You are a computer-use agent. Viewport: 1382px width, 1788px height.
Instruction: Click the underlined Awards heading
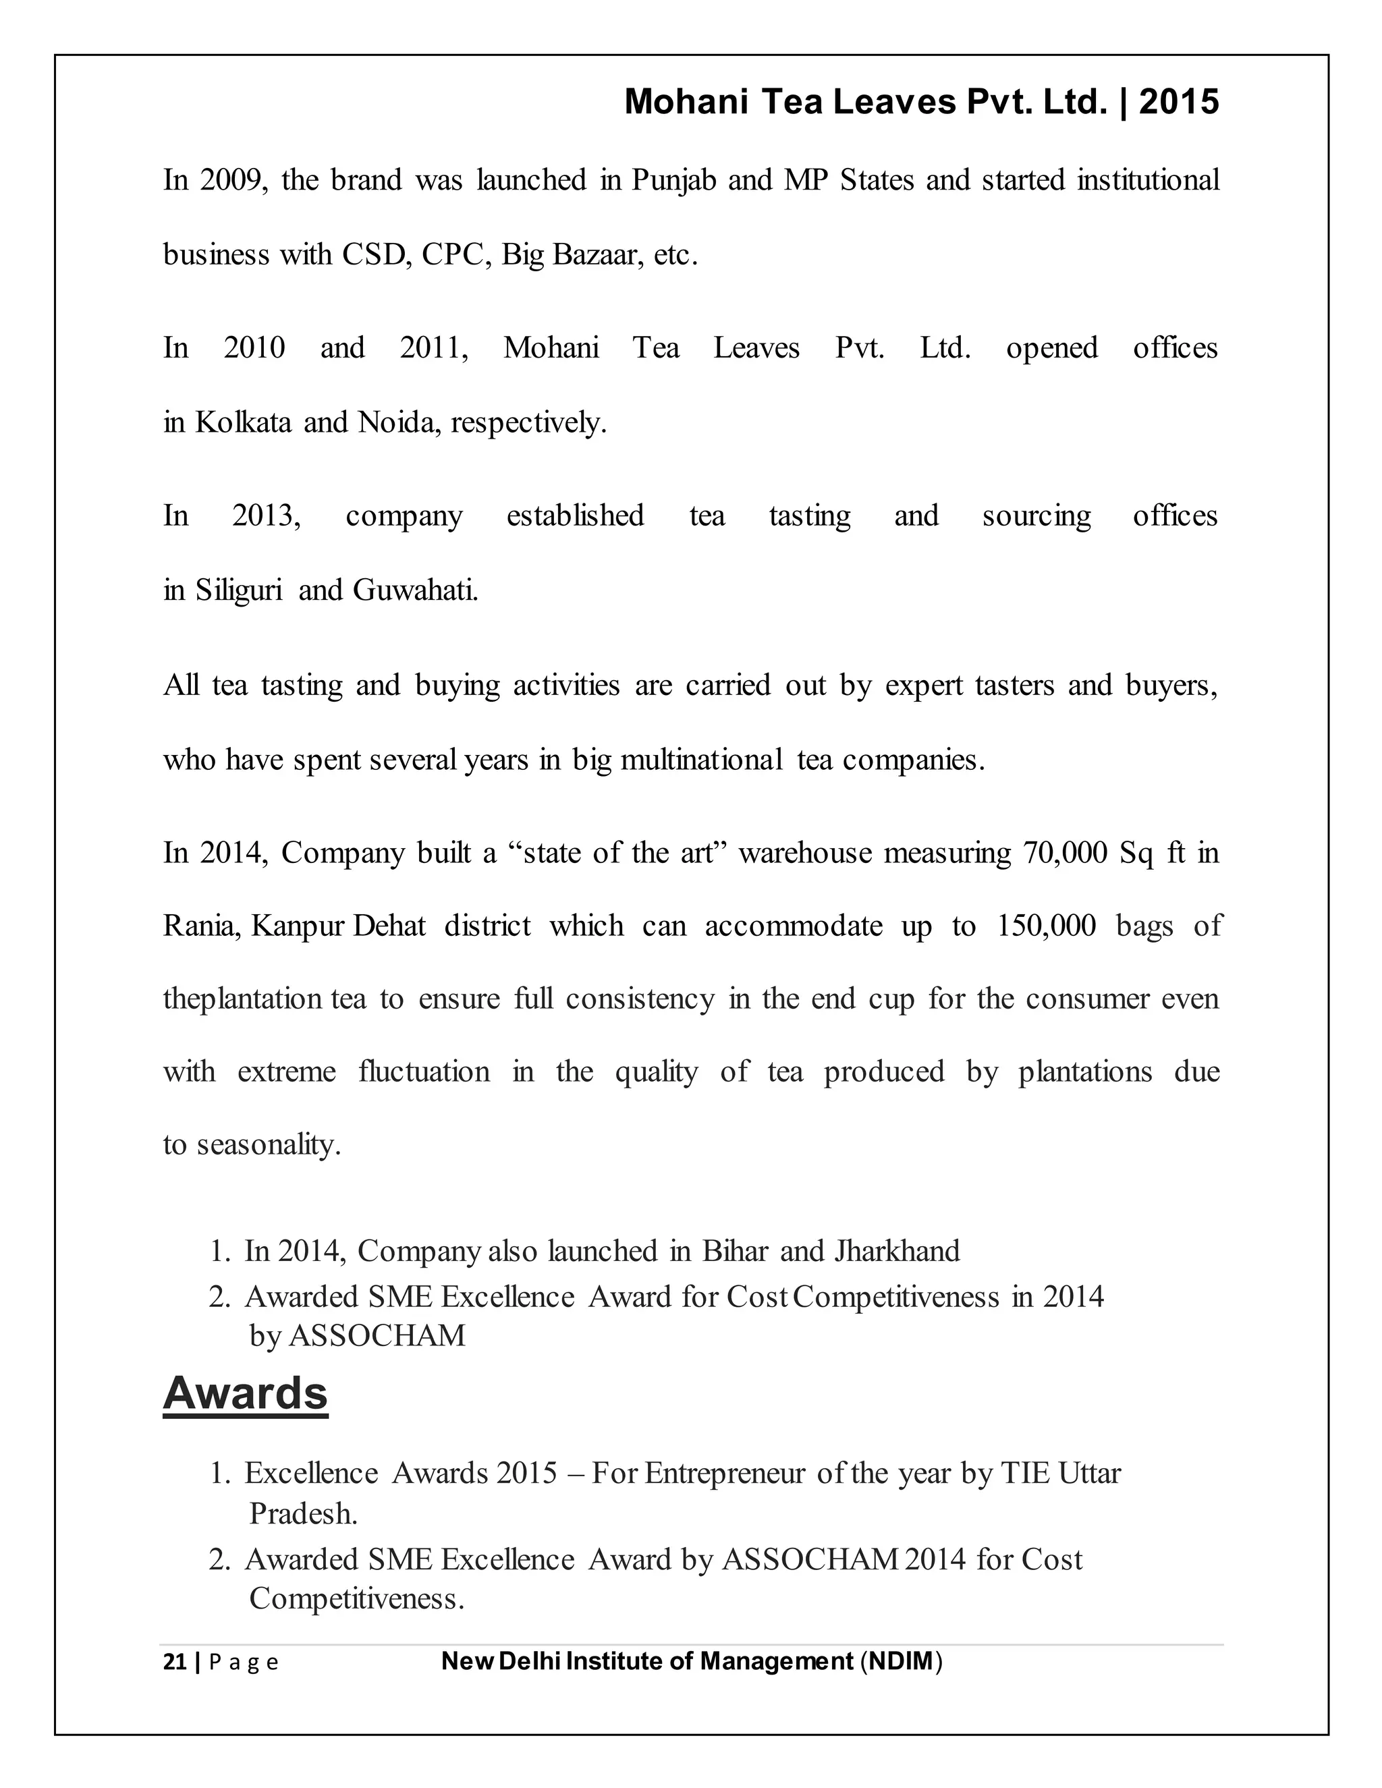click(x=245, y=1393)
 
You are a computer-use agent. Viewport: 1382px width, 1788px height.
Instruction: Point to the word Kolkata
click(x=243, y=422)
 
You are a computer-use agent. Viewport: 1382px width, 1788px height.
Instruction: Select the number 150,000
click(x=1045, y=926)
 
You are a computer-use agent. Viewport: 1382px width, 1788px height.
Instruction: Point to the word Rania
click(x=200, y=926)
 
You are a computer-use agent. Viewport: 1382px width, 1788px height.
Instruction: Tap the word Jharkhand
click(x=897, y=1251)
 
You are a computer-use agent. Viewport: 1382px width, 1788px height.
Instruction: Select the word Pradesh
click(x=303, y=1514)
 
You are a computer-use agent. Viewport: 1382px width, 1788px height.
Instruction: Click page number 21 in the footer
click(x=174, y=1662)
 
